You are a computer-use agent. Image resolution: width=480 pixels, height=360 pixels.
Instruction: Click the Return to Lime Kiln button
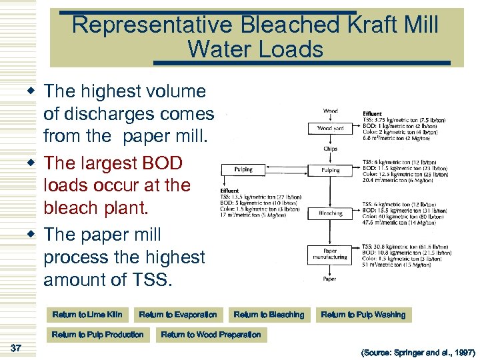click(x=87, y=315)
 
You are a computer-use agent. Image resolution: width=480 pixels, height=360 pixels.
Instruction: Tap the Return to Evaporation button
click(x=178, y=315)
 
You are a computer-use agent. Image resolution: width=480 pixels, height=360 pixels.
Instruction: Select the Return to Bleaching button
click(x=269, y=315)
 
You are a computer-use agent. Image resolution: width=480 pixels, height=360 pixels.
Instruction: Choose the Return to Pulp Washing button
click(x=363, y=315)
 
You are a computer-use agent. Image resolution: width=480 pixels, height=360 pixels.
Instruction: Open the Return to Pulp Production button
click(x=97, y=335)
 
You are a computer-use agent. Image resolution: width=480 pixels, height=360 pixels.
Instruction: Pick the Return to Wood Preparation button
click(x=211, y=335)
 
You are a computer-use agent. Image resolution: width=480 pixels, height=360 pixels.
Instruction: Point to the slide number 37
click(x=17, y=347)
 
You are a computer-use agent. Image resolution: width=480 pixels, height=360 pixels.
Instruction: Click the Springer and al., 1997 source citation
click(x=417, y=351)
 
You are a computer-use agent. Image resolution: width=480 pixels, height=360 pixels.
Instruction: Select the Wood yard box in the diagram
click(x=330, y=128)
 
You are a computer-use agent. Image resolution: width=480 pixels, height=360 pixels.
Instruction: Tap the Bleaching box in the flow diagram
click(x=330, y=213)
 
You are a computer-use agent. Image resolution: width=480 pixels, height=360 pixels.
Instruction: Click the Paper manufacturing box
click(x=330, y=254)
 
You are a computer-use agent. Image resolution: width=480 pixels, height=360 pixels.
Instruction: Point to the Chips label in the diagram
click(x=330, y=149)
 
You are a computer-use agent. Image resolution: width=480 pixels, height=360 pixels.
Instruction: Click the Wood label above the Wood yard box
click(x=330, y=111)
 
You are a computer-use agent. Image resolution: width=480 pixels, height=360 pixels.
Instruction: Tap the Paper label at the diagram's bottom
click(x=330, y=279)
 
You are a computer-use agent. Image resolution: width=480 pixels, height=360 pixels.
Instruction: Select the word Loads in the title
click(x=292, y=49)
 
